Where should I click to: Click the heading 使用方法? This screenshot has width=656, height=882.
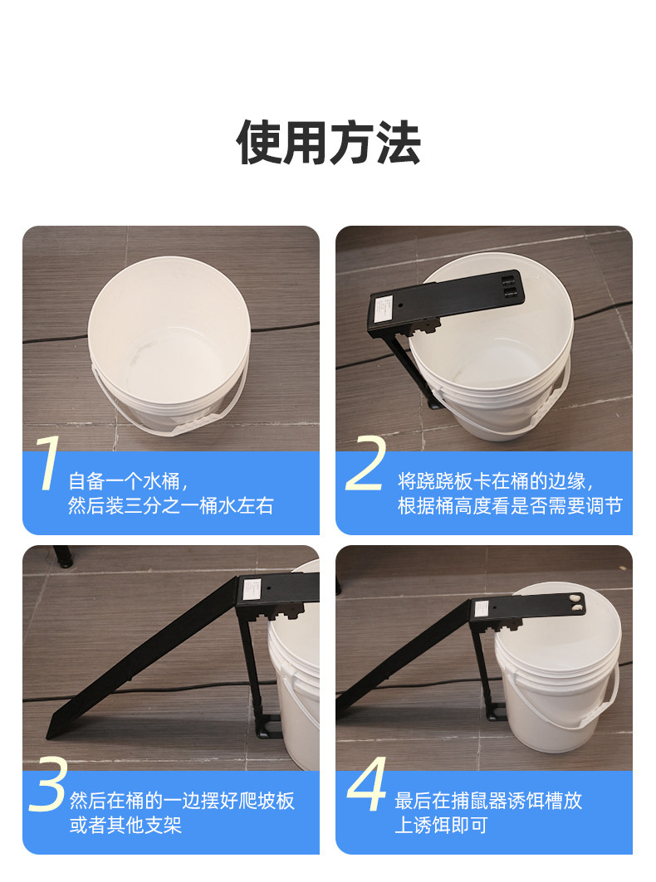(x=328, y=144)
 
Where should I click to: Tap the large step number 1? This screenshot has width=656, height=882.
(x=49, y=465)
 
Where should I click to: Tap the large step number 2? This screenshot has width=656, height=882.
(x=365, y=465)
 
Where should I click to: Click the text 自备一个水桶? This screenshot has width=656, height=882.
(x=128, y=480)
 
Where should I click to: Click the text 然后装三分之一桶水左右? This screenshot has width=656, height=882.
(x=170, y=506)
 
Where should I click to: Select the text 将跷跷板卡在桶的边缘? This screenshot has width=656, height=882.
(x=495, y=480)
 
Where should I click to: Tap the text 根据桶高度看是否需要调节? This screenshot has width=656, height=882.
(x=509, y=506)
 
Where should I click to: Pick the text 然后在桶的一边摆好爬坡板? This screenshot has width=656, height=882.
(x=182, y=801)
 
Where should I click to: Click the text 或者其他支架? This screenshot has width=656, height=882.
(x=125, y=826)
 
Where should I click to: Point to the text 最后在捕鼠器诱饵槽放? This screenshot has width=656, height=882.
(x=488, y=801)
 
